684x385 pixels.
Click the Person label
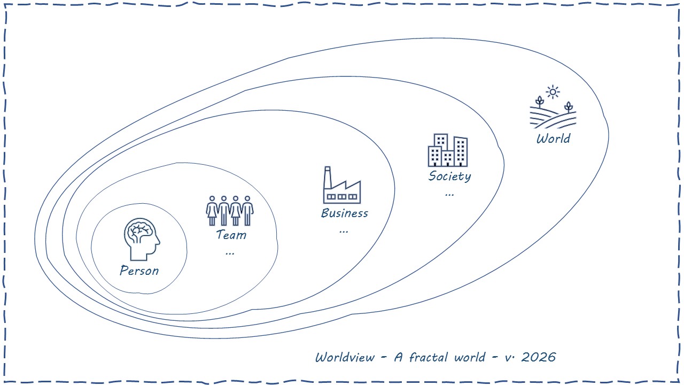tap(139, 271)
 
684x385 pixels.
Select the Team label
tap(231, 235)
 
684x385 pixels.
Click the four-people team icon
tap(230, 210)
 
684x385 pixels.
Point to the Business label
tap(344, 213)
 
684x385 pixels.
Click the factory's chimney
tap(328, 175)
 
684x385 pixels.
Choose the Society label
tap(449, 176)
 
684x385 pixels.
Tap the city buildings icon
tap(448, 150)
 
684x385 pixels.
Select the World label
tap(553, 138)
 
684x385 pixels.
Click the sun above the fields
tap(553, 92)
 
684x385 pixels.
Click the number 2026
tap(538, 357)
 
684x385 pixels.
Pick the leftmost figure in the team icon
tap(212, 210)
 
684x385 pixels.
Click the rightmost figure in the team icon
tap(247, 210)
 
